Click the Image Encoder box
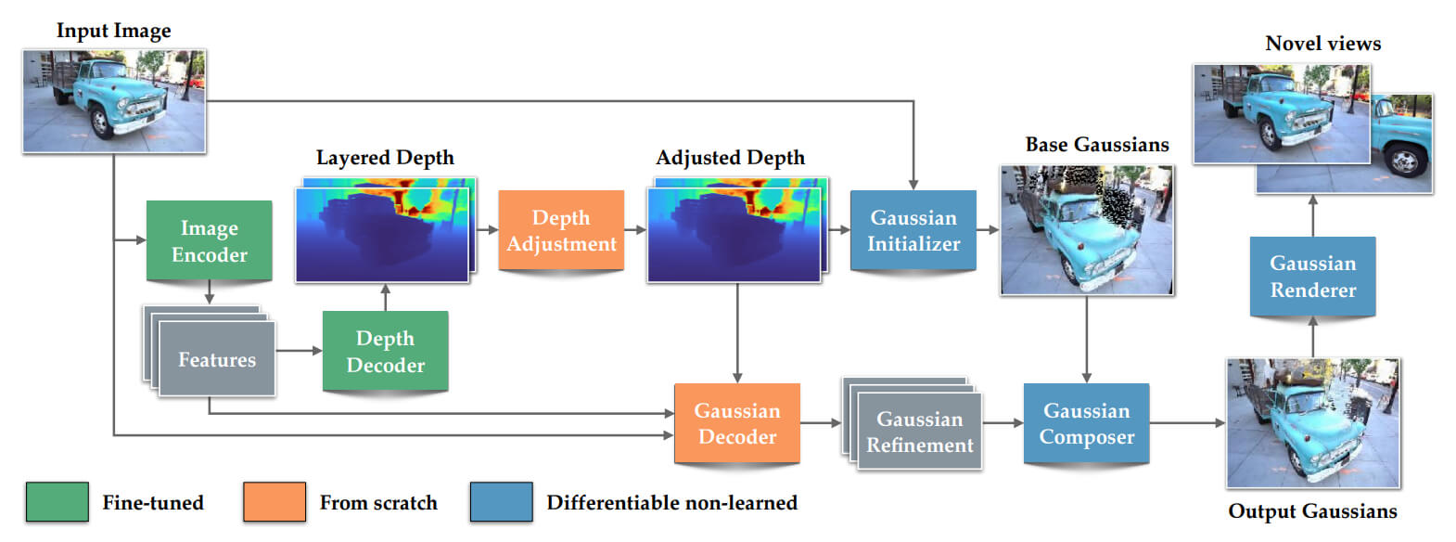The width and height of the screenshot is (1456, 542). (x=209, y=240)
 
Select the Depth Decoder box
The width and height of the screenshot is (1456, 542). (x=385, y=351)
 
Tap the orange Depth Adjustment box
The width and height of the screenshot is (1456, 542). (x=561, y=230)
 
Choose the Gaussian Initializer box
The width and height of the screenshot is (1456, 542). (x=913, y=230)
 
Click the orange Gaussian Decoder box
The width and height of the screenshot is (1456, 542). (x=736, y=423)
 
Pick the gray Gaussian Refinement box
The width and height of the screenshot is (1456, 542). (x=919, y=432)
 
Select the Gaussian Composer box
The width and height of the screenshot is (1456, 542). (x=1086, y=423)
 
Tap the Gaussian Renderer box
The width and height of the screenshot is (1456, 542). (x=1312, y=277)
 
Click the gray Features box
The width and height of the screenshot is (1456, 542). (x=217, y=359)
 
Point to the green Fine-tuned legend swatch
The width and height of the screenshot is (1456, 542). (x=57, y=502)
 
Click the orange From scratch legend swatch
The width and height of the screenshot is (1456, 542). (x=275, y=502)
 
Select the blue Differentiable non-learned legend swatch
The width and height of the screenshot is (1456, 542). (x=501, y=502)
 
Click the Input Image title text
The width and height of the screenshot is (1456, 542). (x=114, y=31)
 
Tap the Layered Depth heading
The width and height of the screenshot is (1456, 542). (x=385, y=158)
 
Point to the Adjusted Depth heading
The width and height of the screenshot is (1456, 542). (x=730, y=158)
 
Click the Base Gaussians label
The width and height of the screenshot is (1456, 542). (x=1097, y=145)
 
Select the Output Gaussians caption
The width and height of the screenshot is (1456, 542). (x=1312, y=511)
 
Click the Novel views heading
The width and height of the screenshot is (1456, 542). (x=1322, y=44)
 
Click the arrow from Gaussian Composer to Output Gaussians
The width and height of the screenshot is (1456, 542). (x=1187, y=423)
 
